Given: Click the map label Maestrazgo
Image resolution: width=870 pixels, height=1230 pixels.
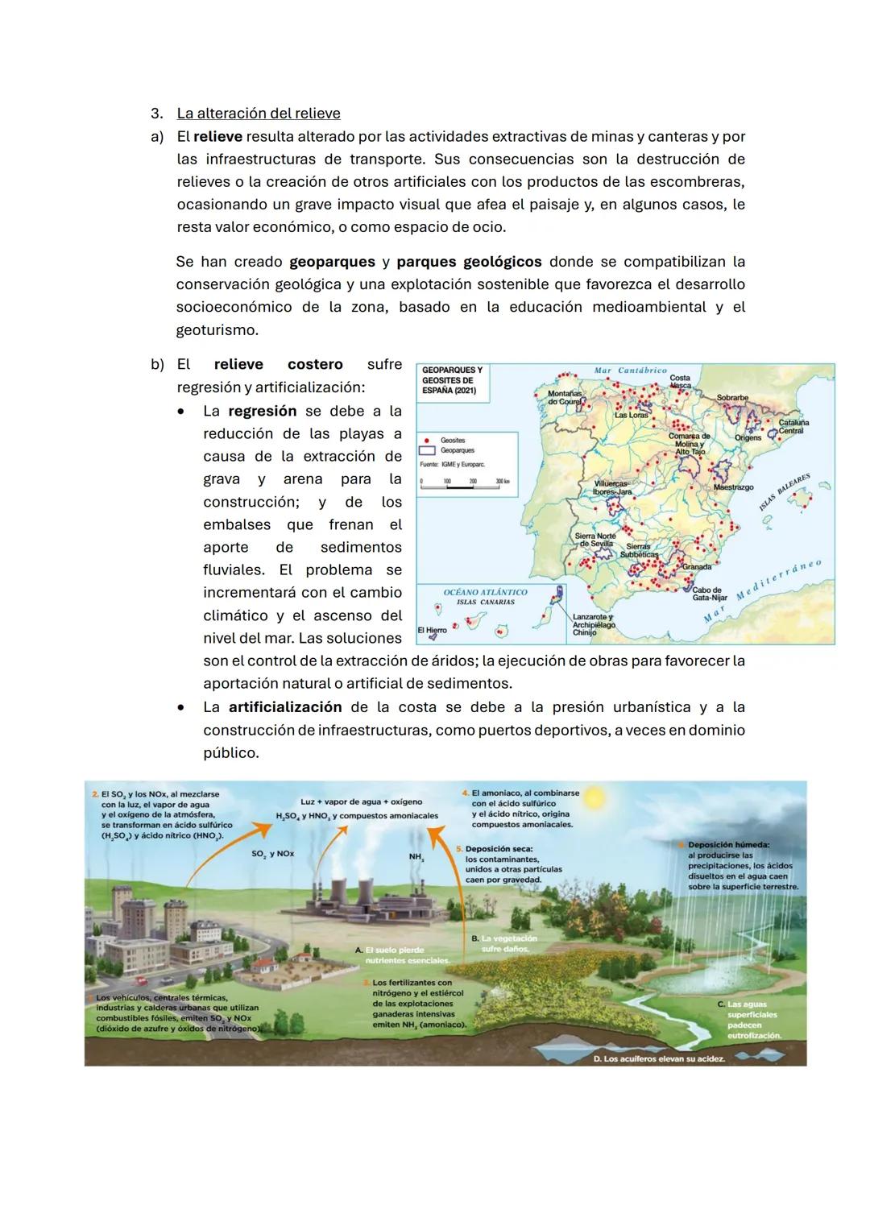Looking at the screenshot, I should point(733,487).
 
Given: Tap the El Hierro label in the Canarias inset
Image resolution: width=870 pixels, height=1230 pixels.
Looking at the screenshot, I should point(432,630).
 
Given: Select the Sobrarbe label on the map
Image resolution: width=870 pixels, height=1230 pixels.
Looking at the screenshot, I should point(732,398).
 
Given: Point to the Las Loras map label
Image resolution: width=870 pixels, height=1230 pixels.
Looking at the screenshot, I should point(631,416).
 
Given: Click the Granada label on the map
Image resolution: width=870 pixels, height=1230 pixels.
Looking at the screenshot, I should point(696,567).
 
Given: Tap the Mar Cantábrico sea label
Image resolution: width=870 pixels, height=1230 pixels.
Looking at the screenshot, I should point(630,371).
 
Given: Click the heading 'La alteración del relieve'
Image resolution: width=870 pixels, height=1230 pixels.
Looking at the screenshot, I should point(259,114).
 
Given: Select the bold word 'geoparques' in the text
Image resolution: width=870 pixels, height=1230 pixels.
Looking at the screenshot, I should point(332,262).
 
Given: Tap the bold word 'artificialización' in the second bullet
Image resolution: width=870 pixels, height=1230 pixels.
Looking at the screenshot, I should point(285,707).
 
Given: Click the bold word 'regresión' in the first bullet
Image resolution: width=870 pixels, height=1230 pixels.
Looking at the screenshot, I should point(262,411).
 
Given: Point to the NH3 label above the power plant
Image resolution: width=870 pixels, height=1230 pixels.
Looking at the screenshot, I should point(416,857).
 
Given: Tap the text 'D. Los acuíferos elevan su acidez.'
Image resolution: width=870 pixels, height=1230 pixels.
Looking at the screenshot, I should point(658,1058).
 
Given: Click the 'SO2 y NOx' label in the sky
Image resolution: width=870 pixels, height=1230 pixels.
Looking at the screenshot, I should point(272,853).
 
